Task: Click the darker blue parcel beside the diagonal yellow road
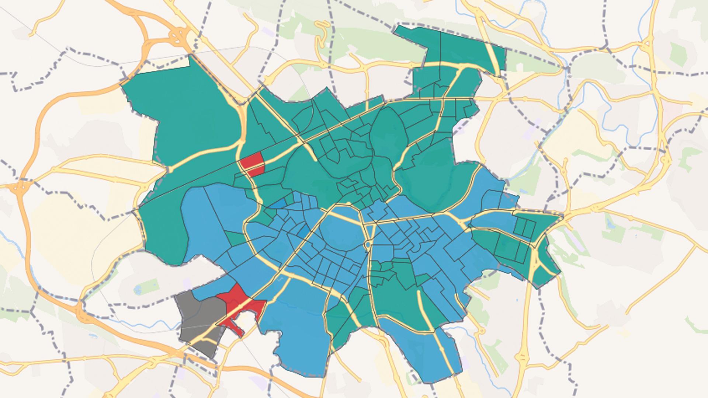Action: coord(304,232)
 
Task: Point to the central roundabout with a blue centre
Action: coord(368,244)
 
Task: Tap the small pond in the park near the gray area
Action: coord(138,290)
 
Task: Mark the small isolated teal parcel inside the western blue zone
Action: coord(233,238)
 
